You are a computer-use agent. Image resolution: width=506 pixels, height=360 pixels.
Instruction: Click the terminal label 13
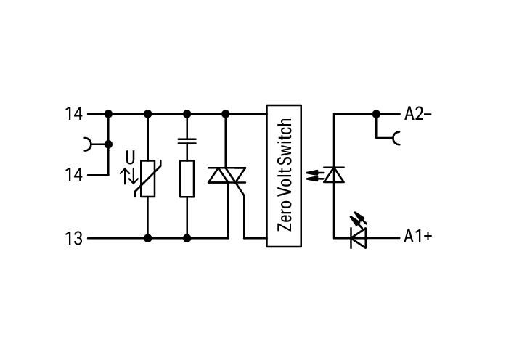[73, 239]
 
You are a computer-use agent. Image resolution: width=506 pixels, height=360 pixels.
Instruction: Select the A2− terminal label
[417, 114]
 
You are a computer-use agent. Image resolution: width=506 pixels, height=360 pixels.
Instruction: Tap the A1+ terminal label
[417, 237]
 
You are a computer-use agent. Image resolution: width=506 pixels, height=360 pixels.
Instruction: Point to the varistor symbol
[148, 179]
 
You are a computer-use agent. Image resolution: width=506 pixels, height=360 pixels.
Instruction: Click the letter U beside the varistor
[130, 158]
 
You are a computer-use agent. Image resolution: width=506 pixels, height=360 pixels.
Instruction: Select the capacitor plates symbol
[187, 141]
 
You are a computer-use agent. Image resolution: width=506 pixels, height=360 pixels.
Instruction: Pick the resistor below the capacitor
[187, 179]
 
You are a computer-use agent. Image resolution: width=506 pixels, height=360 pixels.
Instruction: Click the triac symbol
[227, 175]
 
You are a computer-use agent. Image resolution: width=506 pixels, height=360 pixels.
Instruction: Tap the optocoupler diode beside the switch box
[334, 175]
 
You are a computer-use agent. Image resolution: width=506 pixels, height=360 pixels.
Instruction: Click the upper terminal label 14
[73, 114]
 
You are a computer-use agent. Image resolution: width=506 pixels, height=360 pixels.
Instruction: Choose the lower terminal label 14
[73, 175]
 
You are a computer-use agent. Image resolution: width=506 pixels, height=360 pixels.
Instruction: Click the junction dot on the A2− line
[376, 114]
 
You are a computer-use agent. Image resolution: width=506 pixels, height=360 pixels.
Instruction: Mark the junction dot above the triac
[226, 114]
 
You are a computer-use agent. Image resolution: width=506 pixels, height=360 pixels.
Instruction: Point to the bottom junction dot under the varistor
[148, 238]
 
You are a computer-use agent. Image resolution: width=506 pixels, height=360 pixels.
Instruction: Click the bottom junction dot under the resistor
[187, 238]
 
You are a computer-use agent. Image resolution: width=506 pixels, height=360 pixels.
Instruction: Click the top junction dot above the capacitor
[187, 114]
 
